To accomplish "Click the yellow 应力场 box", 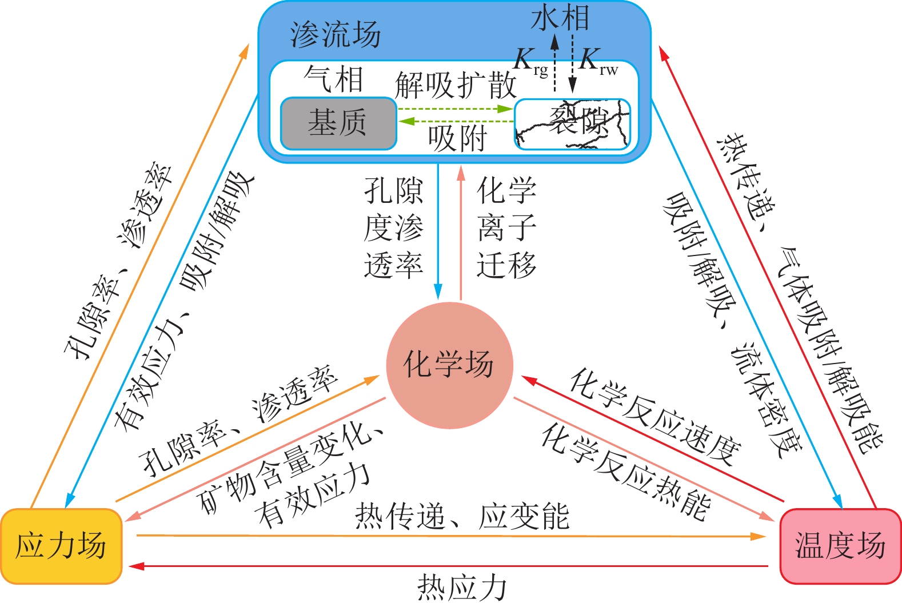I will pyautogui.click(x=61, y=546).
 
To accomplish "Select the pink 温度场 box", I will pyautogui.click(x=840, y=546).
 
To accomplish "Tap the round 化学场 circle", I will pyautogui.click(x=449, y=365).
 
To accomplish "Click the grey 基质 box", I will pyautogui.click(x=338, y=123).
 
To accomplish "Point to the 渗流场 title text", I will pyautogui.click(x=335, y=35).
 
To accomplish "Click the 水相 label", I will pyautogui.click(x=560, y=18).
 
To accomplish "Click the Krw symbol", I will pyautogui.click(x=597, y=62).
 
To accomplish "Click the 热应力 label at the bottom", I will pyautogui.click(x=462, y=588).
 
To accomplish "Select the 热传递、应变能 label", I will pyautogui.click(x=462, y=517).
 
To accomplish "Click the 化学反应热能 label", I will pyautogui.click(x=626, y=472).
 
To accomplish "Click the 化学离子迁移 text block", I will pyautogui.click(x=506, y=227).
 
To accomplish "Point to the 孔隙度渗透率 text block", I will pyautogui.click(x=393, y=227).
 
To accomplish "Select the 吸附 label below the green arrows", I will pyautogui.click(x=457, y=138).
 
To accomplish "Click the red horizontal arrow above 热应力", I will pyautogui.click(x=449, y=566).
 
